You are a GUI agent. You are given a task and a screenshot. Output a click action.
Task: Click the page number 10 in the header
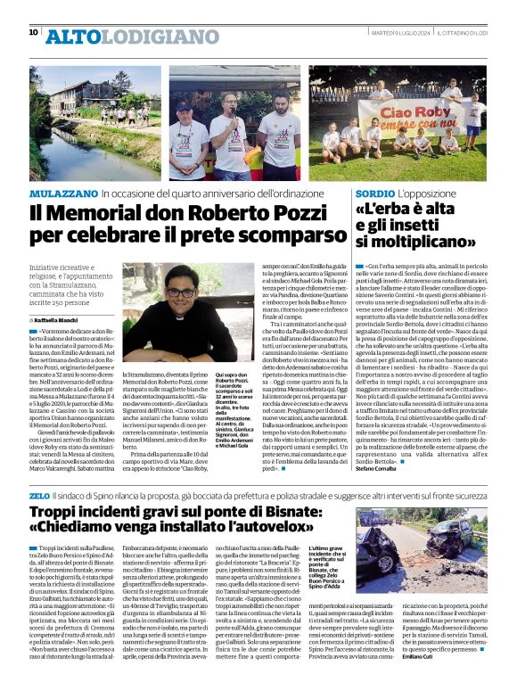tap(34, 33)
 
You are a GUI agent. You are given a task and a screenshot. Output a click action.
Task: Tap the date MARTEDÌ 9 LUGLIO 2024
tap(397, 33)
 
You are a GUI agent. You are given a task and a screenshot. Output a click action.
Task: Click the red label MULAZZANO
tap(62, 193)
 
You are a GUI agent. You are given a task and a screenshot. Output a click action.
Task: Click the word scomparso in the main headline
tap(278, 239)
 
